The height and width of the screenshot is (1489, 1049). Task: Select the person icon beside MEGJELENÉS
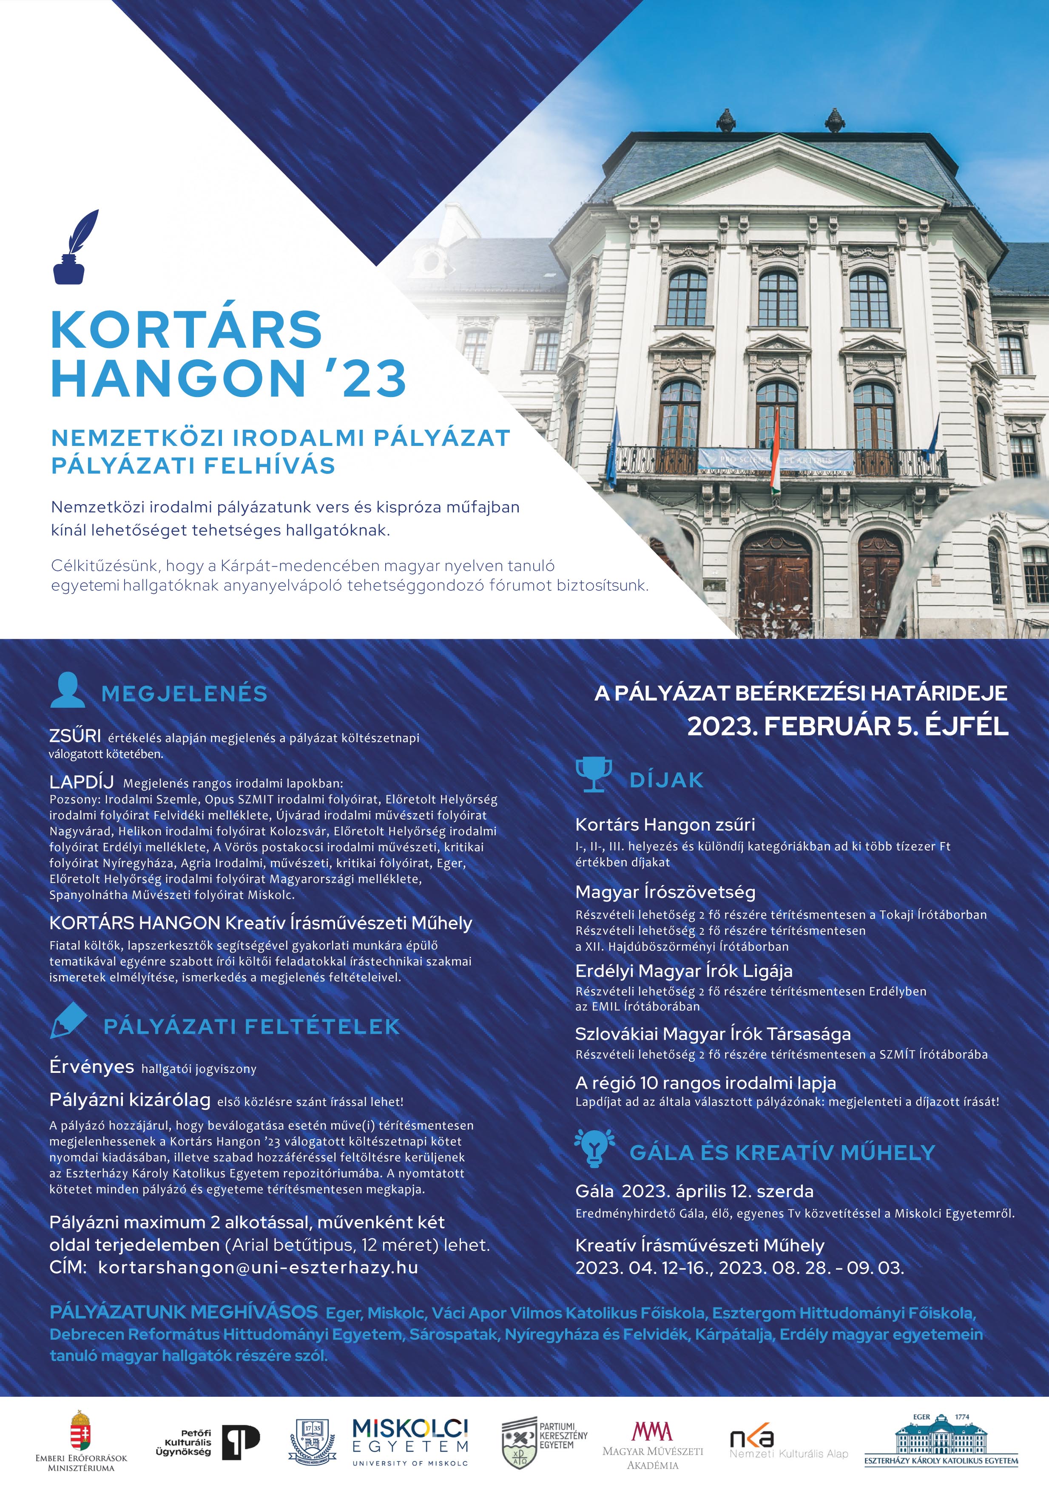[68, 690]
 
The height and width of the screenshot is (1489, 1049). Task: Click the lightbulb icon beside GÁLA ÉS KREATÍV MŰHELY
[594, 1147]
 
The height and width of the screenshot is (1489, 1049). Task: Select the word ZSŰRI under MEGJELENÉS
[74, 735]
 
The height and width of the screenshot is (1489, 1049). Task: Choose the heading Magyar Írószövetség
[665, 892]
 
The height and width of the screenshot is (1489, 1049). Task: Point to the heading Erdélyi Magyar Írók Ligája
[684, 971]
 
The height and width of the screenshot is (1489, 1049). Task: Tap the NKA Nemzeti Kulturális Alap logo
[787, 1444]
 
